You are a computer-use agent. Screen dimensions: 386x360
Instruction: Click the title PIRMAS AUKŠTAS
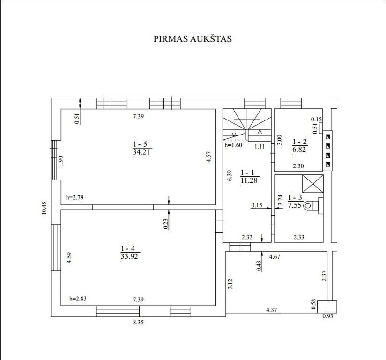(193, 39)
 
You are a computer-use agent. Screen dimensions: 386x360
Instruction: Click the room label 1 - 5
(140, 144)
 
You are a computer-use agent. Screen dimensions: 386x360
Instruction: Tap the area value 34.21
(141, 152)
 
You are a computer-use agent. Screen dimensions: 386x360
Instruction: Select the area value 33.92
(129, 256)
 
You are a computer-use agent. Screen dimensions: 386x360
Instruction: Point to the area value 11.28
(249, 180)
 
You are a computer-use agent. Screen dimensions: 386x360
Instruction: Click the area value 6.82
(299, 150)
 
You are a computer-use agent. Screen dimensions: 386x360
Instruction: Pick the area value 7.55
(295, 205)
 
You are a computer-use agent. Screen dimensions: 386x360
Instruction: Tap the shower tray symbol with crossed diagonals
(313, 184)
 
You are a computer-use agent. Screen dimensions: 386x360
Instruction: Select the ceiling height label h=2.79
(75, 197)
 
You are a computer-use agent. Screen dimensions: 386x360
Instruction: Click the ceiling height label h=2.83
(78, 299)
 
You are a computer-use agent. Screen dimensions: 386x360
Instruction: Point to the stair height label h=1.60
(233, 145)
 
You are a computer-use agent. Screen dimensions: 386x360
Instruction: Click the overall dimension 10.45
(44, 208)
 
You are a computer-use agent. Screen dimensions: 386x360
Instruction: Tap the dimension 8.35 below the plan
(138, 322)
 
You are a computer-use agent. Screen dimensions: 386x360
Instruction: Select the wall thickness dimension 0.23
(166, 224)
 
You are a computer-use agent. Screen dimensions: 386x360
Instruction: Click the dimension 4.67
(275, 257)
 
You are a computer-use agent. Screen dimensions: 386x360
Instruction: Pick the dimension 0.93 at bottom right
(327, 316)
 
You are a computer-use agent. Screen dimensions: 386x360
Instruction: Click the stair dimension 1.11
(260, 146)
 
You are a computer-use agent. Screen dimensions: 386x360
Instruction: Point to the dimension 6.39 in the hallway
(230, 176)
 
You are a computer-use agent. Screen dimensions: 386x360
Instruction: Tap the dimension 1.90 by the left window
(61, 161)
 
